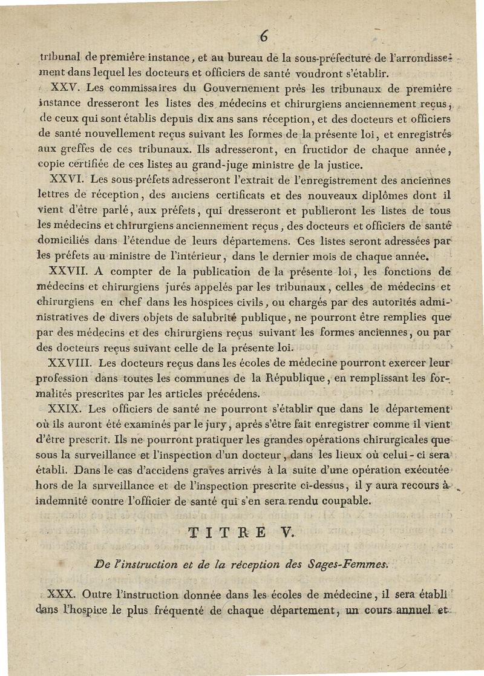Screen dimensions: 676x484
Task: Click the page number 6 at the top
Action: pyautogui.click(x=264, y=36)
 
